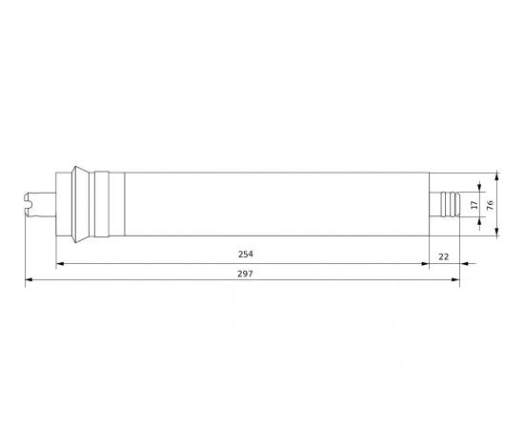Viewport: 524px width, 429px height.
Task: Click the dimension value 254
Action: pos(246,255)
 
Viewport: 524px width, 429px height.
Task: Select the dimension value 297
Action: pos(246,274)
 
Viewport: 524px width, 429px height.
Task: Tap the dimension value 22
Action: pos(443,256)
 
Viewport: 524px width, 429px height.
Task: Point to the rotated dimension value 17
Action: pos(474,205)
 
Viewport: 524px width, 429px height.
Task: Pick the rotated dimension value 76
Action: pos(490,205)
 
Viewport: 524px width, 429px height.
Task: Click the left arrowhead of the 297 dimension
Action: pos(30,279)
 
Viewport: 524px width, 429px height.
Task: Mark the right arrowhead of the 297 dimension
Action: pos(455,279)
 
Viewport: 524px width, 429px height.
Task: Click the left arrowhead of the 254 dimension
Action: pos(60,264)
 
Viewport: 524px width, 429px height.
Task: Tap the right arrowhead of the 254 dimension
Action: pos(425,264)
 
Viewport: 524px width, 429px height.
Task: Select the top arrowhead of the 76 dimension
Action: pos(497,176)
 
